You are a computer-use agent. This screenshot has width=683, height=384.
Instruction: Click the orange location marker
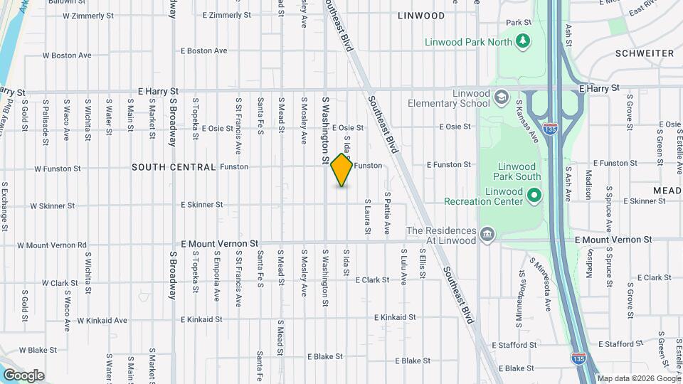tap(342, 170)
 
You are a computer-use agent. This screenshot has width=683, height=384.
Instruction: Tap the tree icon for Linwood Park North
tap(523, 41)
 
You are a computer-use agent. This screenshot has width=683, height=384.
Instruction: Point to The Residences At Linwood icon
tap(487, 235)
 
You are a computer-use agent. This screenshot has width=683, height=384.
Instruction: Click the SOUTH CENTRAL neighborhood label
tap(174, 167)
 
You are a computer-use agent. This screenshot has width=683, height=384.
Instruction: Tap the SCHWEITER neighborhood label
tap(645, 53)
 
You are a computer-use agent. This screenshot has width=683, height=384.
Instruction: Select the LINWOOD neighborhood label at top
tap(421, 16)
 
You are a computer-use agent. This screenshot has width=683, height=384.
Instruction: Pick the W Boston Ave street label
tap(67, 55)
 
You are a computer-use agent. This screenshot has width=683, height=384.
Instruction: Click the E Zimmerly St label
tap(226, 15)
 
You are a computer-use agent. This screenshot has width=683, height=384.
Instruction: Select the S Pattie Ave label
tap(388, 213)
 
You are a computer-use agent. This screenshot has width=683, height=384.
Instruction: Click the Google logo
tap(23, 375)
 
